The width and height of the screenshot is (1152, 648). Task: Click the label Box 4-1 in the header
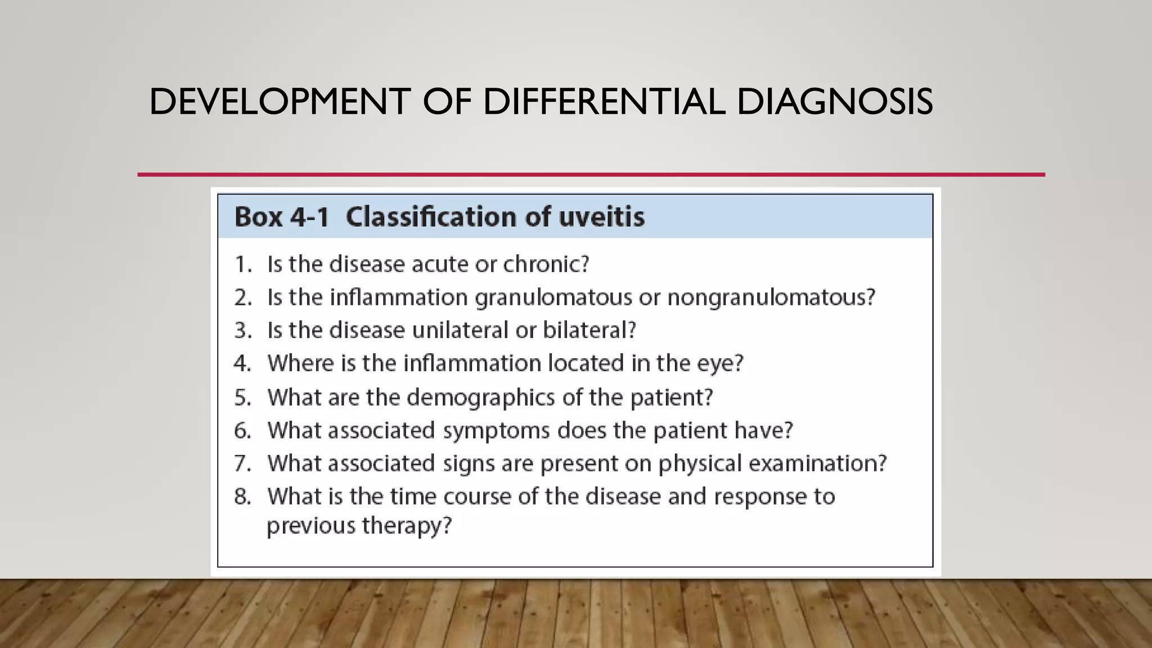(x=281, y=217)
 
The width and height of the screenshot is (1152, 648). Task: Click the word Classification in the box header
(x=431, y=217)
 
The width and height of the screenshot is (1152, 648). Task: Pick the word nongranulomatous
(x=771, y=297)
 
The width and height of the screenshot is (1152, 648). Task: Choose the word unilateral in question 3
(x=460, y=330)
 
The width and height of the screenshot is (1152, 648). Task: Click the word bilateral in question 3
(x=588, y=330)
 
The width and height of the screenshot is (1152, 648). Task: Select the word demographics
(x=481, y=398)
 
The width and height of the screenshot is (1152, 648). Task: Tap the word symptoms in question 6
(x=496, y=431)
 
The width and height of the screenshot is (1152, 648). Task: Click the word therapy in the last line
(x=407, y=526)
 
